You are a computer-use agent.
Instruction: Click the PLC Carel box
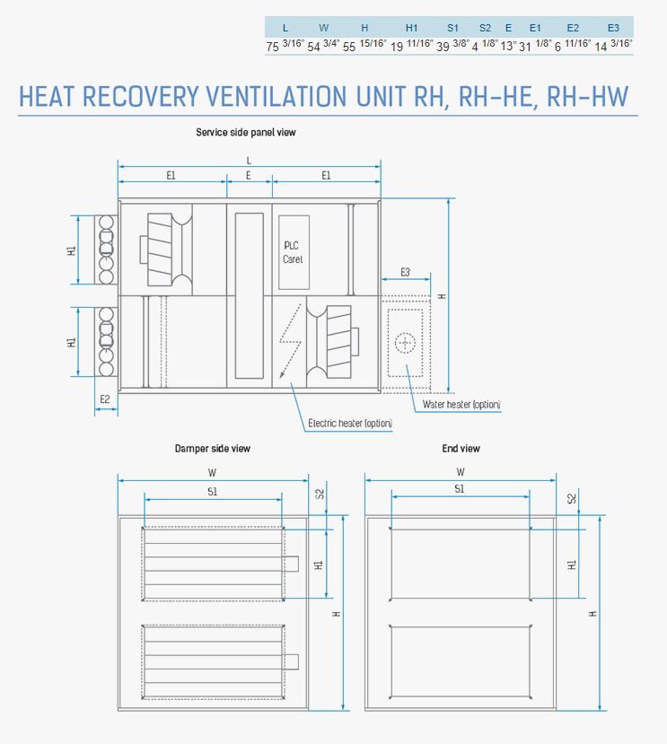coord(294,252)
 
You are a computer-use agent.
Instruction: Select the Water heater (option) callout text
coord(461,405)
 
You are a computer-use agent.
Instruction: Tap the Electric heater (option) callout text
coord(350,424)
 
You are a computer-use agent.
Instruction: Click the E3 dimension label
coord(405,272)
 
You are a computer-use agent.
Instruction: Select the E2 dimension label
coord(105,399)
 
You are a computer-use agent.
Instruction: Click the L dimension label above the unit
coord(249,161)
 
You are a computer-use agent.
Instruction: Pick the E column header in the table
coord(508,28)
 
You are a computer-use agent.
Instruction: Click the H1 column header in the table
coord(411,28)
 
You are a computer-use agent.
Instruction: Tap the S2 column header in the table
coord(485,28)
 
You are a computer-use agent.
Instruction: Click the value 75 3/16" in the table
coord(285,46)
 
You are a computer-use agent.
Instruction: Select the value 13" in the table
coord(508,46)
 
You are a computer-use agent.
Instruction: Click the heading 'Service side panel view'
coord(246,133)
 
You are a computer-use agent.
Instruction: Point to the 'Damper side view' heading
coord(212,449)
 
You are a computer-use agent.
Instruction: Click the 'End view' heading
coord(461,449)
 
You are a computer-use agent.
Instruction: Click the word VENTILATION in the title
coord(276,97)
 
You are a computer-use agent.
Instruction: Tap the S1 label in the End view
coord(459,489)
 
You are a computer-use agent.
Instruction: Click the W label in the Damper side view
coord(212,473)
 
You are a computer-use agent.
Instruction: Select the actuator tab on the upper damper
coord(292,564)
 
